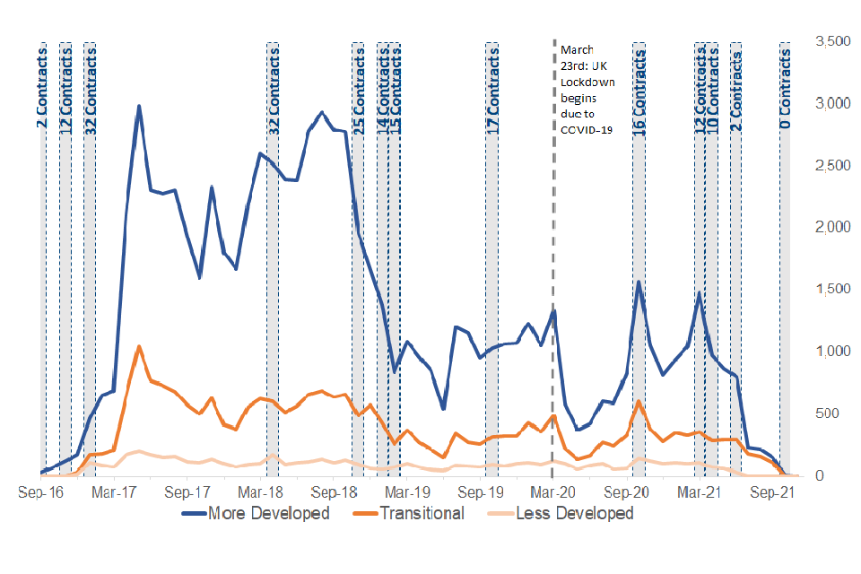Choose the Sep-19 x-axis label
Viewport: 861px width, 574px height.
pos(482,492)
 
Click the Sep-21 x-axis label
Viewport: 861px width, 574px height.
pos(773,492)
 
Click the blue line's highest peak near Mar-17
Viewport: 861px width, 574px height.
pos(139,106)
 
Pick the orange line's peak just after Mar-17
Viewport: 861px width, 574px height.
pos(138,346)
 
